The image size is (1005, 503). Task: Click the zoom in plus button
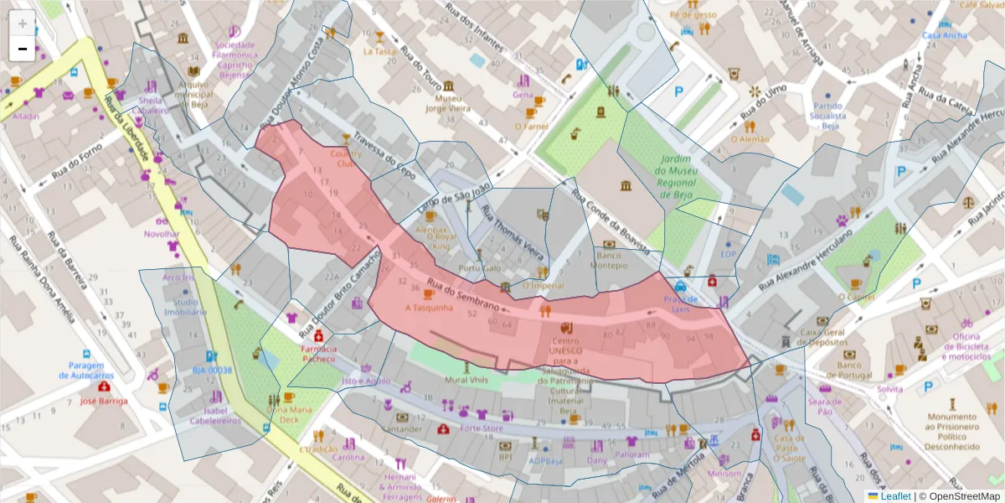[23, 23]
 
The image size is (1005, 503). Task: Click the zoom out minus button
[23, 49]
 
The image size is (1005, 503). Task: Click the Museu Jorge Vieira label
[449, 103]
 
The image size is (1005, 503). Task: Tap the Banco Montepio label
[609, 260]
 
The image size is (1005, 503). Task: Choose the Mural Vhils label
[465, 379]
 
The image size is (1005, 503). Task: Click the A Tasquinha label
[429, 307]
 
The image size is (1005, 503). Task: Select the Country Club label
[346, 158]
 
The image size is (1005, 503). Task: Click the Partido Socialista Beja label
[827, 116]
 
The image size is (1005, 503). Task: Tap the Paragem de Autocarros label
[85, 370]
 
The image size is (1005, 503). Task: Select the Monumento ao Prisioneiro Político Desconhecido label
[952, 432]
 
